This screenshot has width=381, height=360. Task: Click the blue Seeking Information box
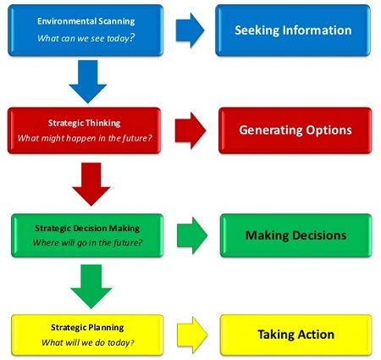293,30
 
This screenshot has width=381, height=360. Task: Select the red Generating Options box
295,130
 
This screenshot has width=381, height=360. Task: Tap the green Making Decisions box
296,235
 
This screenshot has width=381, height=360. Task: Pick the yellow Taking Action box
296,335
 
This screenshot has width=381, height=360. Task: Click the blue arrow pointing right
190,30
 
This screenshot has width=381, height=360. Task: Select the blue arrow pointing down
88,81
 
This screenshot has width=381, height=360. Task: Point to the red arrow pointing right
190,130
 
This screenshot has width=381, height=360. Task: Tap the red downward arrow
91,184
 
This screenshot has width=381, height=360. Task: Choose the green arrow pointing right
192,235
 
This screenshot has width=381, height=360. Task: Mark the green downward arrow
91,286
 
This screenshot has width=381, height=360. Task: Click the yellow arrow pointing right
192,335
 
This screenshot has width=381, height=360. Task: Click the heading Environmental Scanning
86,21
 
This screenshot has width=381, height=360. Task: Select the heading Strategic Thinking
84,123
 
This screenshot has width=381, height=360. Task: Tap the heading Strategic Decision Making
87,228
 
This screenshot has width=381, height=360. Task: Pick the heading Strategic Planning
87,328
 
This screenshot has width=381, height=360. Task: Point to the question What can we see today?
86,38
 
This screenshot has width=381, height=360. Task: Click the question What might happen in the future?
85,138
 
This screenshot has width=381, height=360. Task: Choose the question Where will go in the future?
87,243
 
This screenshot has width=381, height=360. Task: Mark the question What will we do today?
88,342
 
